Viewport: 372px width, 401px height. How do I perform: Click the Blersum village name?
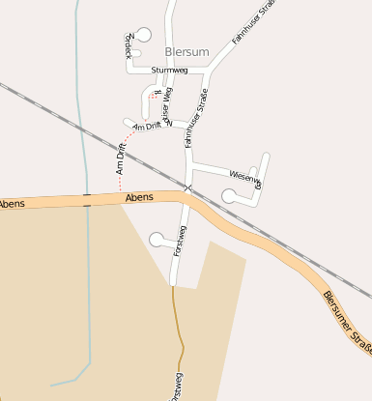click(x=186, y=51)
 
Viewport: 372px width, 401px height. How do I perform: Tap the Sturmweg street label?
click(x=169, y=71)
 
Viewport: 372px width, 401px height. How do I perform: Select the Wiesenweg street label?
click(x=245, y=176)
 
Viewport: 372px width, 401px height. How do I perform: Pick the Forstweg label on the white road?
click(x=180, y=240)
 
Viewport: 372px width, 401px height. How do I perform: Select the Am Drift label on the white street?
click(x=146, y=127)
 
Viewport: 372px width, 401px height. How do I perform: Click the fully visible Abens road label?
click(x=138, y=198)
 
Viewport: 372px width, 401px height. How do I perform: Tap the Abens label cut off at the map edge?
click(x=12, y=204)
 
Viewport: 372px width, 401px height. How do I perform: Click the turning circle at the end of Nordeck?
click(x=145, y=35)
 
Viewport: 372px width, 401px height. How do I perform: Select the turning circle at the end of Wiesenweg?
click(x=229, y=195)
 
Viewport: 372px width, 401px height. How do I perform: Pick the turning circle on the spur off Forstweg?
click(x=157, y=239)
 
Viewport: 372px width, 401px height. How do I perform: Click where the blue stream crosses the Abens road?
click(x=87, y=200)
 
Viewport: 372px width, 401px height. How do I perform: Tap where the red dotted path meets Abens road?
click(x=121, y=196)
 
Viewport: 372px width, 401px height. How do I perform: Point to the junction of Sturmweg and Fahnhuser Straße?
click(x=209, y=71)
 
